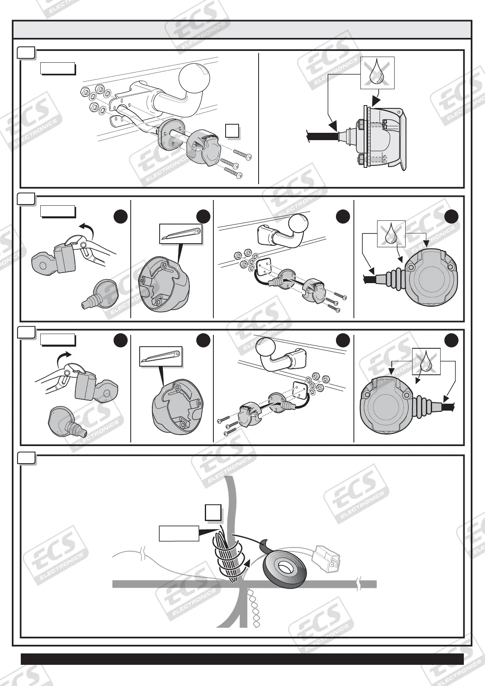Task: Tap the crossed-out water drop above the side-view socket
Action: pyautogui.click(x=377, y=73)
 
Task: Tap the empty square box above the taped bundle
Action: pyautogui.click(x=213, y=512)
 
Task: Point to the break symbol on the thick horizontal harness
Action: pyautogui.click(x=359, y=584)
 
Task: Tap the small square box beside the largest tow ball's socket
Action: pyautogui.click(x=232, y=131)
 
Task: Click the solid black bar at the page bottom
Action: pyautogui.click(x=242, y=659)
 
